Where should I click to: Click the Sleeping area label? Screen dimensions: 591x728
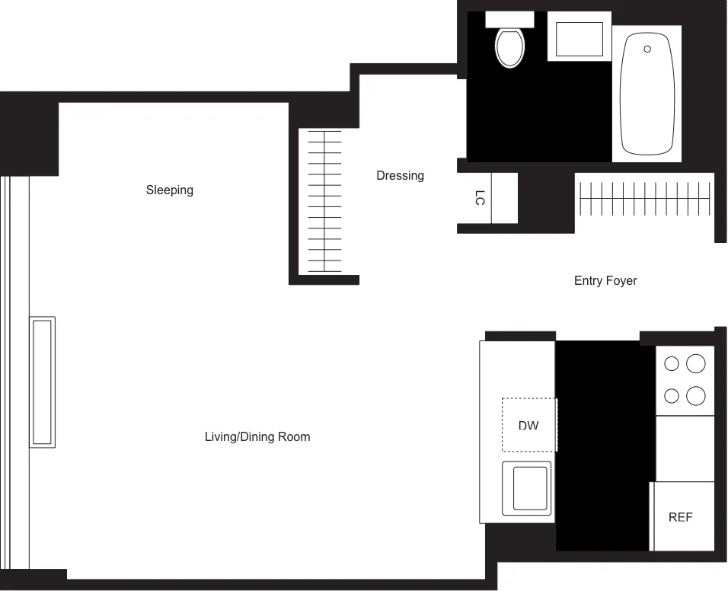[x=170, y=190]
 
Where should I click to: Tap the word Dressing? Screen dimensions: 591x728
[x=400, y=176]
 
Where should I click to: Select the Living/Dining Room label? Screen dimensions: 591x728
[x=257, y=437]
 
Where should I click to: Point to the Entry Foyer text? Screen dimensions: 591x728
[x=605, y=281]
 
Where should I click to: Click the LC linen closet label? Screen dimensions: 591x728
[x=479, y=198]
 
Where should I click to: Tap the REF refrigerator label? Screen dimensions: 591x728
[x=680, y=517]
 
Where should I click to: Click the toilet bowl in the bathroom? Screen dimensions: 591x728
[x=509, y=48]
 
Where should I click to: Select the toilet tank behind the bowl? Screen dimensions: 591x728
[x=509, y=19]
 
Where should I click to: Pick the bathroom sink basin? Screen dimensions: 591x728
[x=579, y=39]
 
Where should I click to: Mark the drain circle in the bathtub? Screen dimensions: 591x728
[x=647, y=49]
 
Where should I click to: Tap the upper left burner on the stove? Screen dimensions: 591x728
[x=672, y=364]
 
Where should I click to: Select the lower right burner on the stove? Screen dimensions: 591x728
[x=695, y=396]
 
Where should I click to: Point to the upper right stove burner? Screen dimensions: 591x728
[x=695, y=364]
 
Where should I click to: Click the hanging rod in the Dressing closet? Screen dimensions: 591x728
[x=324, y=202]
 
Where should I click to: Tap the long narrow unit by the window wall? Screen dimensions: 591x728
[x=42, y=382]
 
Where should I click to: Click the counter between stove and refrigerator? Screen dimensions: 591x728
[x=685, y=449]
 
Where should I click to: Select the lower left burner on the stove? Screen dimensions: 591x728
[x=672, y=396]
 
